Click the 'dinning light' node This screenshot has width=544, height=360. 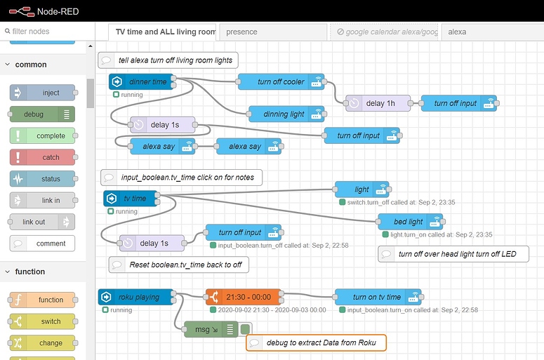[286, 114]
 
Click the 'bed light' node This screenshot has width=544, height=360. [410, 222]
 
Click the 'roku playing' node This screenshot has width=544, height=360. [138, 297]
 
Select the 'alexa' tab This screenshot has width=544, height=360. [491, 32]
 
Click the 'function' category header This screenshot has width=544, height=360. [30, 272]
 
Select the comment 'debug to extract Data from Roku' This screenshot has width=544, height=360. [317, 343]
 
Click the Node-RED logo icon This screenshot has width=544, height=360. [20, 11]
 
